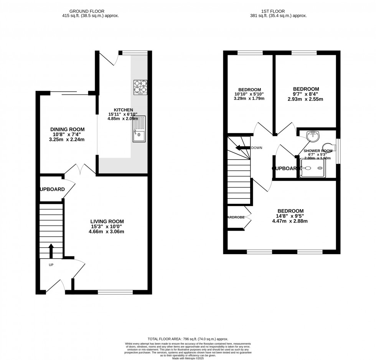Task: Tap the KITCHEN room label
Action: coord(120,110)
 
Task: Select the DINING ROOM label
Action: coord(68,129)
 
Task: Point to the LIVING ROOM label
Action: coord(107,221)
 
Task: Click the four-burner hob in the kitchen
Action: coord(140,87)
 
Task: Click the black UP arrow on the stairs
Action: coord(51,251)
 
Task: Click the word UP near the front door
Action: coord(51,265)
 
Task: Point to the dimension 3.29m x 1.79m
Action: coord(249,99)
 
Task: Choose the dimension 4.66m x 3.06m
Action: coord(107,231)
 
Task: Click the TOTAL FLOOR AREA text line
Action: coord(188,339)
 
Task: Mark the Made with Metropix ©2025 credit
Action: coord(188,358)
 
